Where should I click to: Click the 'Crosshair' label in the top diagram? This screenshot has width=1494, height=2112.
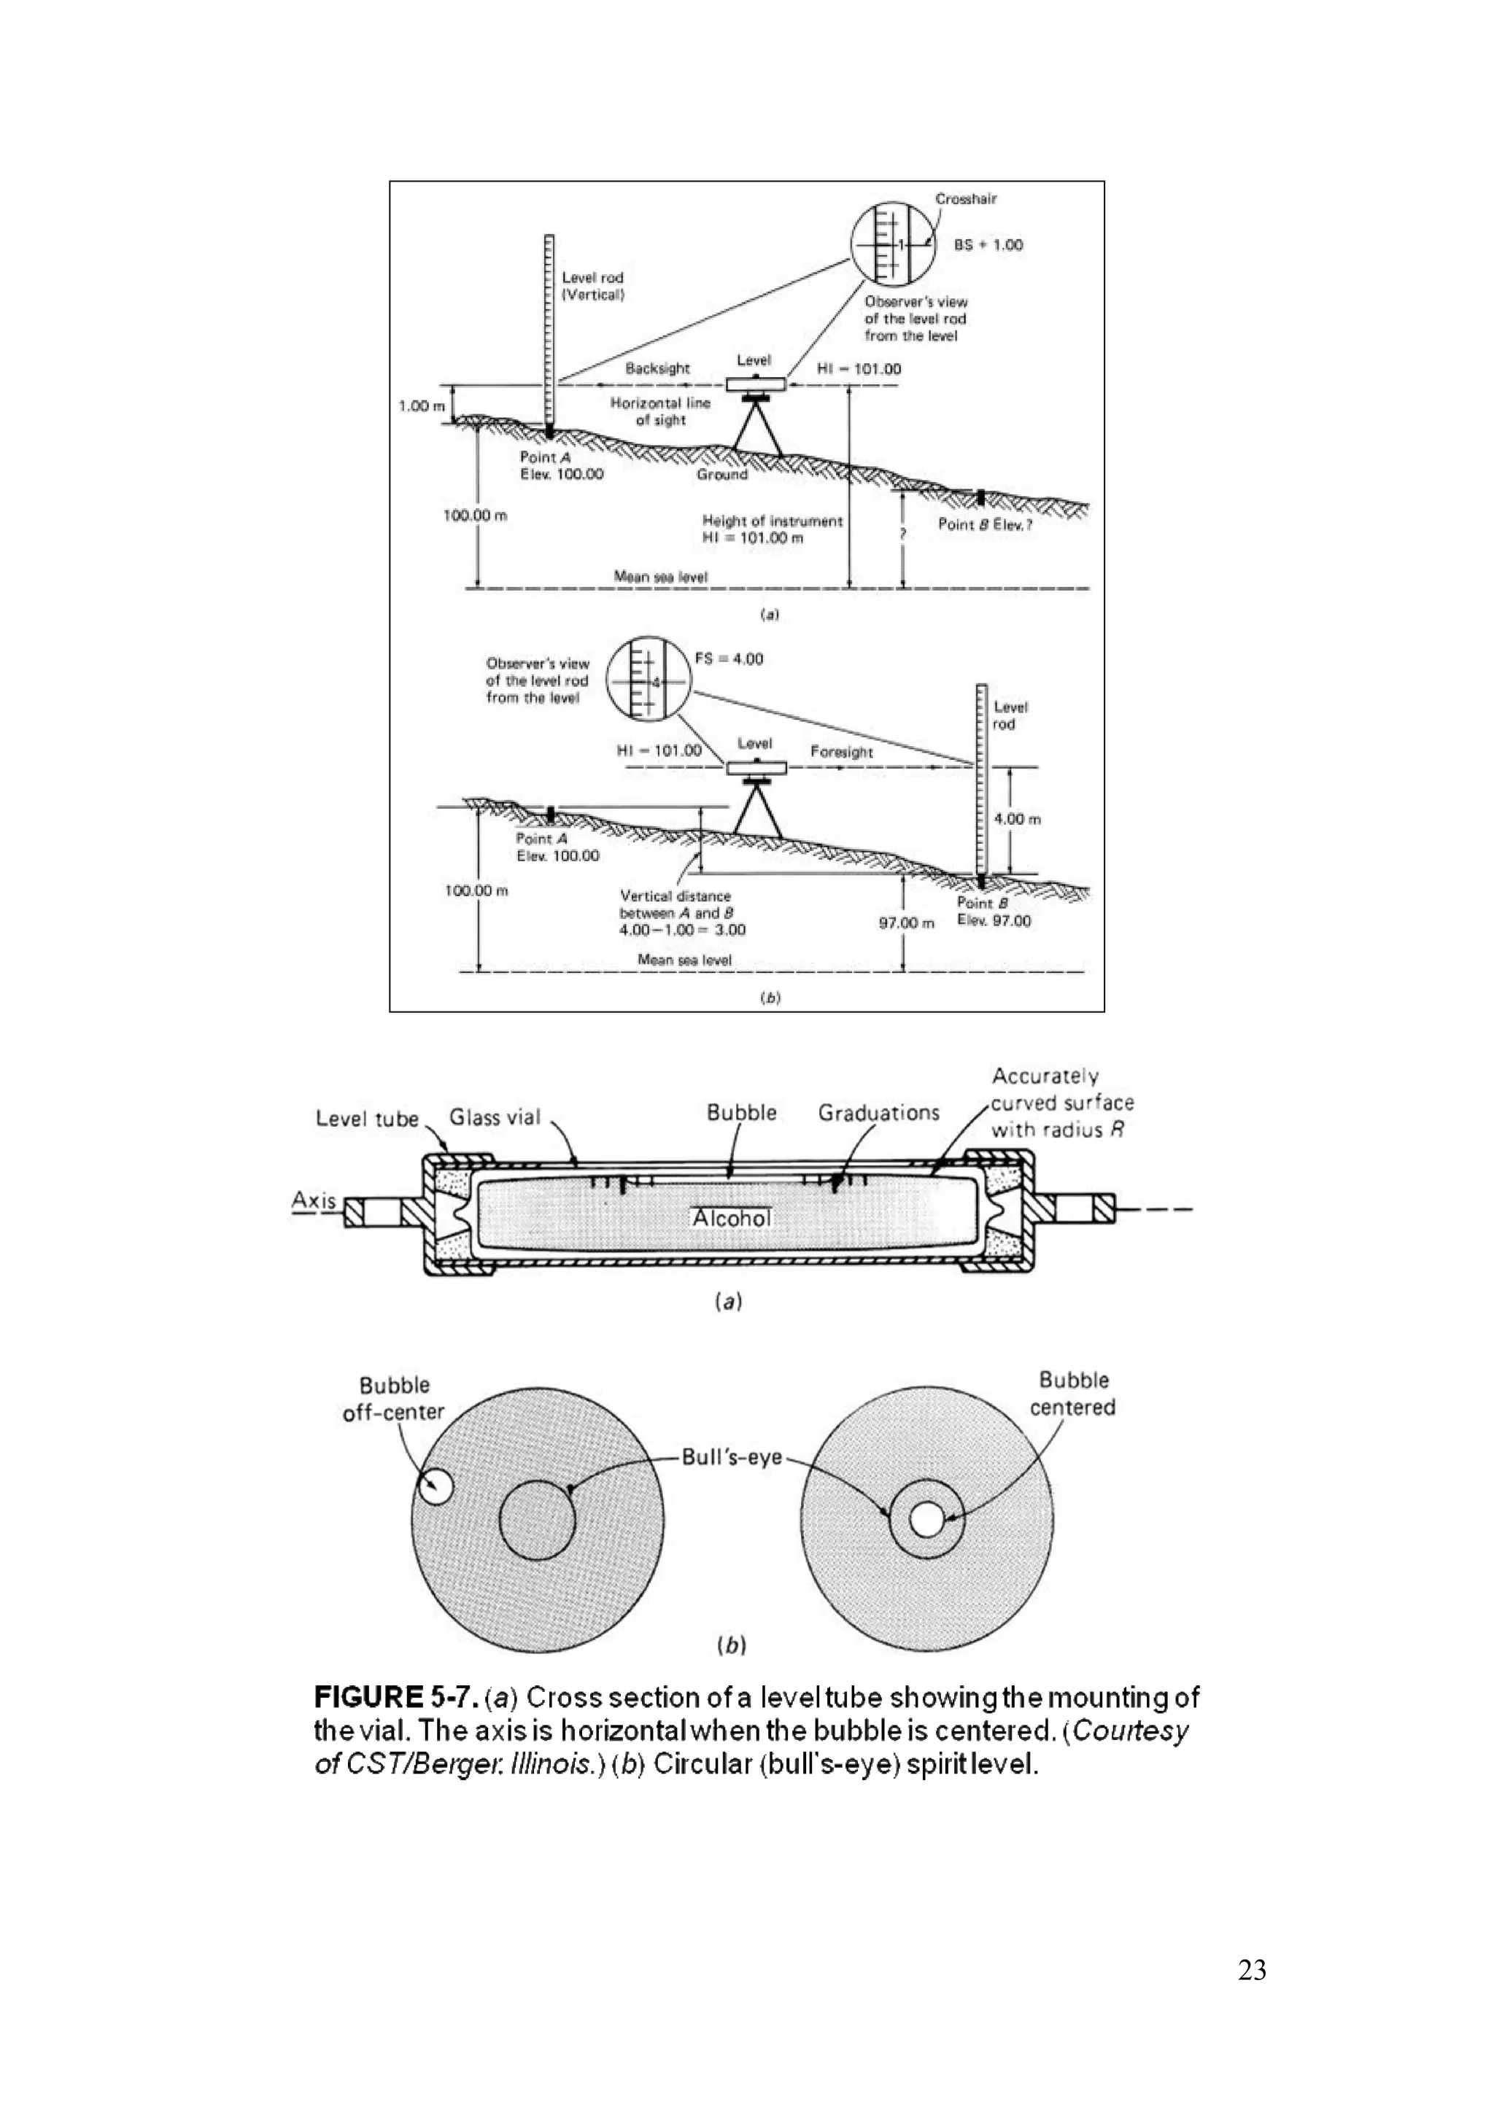[965, 198]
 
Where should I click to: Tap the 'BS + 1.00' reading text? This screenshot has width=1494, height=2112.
[988, 245]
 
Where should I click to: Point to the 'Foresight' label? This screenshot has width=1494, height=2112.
[841, 752]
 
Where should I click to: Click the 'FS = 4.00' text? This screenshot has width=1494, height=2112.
[729, 659]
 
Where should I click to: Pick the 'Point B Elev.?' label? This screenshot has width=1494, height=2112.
[984, 524]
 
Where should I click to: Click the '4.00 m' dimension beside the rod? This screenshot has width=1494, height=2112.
[1018, 819]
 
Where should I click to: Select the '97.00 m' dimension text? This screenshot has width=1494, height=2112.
[906, 923]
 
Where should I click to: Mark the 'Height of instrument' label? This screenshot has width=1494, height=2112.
[772, 521]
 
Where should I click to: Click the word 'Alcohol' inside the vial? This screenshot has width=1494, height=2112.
[732, 1218]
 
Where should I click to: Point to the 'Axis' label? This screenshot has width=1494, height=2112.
[314, 1200]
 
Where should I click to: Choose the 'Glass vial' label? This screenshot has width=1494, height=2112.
[494, 1117]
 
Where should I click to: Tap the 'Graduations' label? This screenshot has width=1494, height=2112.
[878, 1113]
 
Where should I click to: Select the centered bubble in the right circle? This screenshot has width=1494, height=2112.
[926, 1520]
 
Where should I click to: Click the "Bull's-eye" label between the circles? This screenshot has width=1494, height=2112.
[732, 1457]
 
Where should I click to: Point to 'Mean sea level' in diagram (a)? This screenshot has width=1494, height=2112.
[660, 577]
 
